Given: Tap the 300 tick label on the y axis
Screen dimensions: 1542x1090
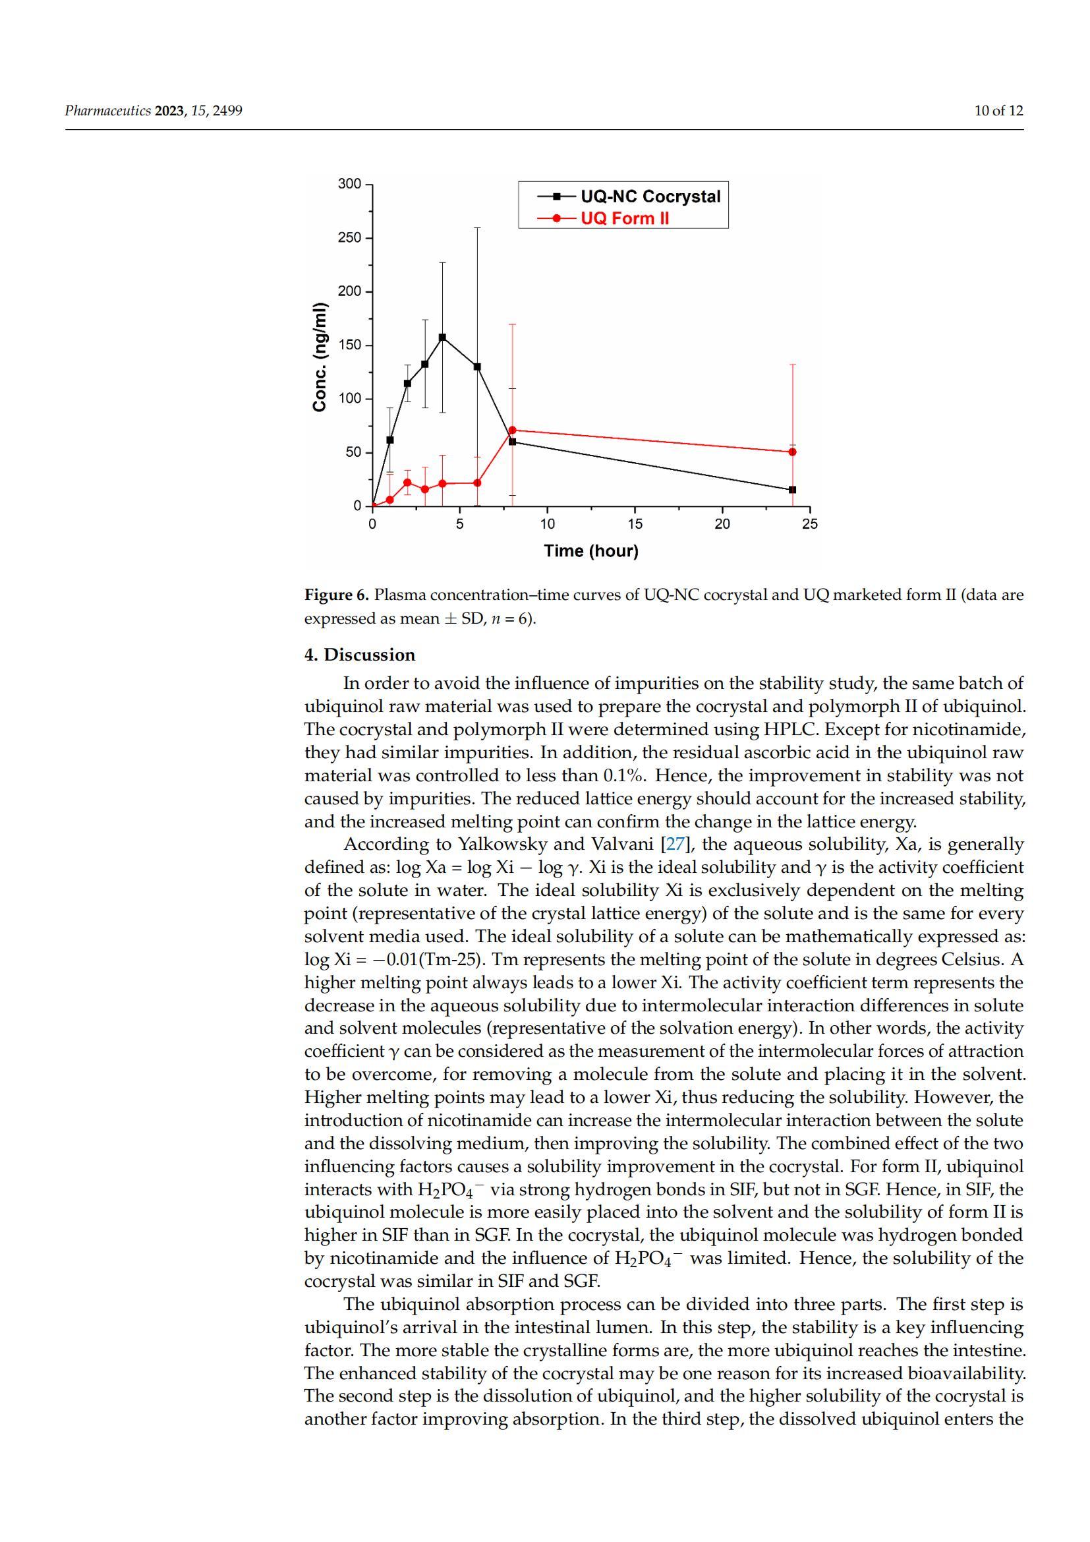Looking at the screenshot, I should pos(350,184).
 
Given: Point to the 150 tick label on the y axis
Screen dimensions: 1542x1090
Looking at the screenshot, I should pos(350,345).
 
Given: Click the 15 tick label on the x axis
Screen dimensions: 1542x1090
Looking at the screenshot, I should pos(635,524).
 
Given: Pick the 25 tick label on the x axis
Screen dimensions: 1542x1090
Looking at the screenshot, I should pos(810,524).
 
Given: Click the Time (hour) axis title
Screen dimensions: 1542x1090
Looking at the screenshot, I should pos(591,550).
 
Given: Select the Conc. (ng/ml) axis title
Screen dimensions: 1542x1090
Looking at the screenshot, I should pos(320,357).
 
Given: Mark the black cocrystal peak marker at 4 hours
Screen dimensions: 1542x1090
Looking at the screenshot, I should pos(442,337).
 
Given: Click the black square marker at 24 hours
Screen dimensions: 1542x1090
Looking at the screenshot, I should pos(793,490).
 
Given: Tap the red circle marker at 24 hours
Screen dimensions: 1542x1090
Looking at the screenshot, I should pos(793,452).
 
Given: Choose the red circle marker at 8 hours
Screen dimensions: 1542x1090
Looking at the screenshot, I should pos(513,430).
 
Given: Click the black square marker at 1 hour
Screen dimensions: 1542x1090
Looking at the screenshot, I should pos(390,440).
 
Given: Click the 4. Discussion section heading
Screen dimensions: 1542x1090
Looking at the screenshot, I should pos(360,655).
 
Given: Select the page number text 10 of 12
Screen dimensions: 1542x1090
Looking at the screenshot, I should pos(998,111).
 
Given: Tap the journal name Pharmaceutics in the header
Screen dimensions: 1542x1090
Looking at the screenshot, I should pos(107,111).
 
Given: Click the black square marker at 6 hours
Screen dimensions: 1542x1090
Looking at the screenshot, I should pos(477,367).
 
